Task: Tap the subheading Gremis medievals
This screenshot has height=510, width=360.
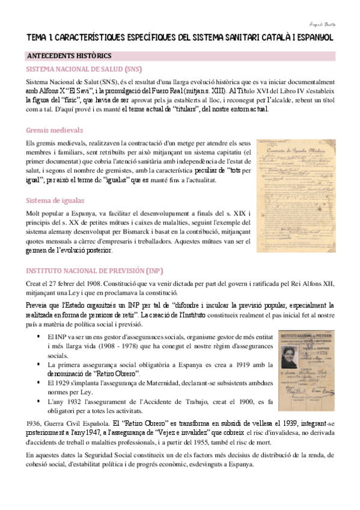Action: (54, 130)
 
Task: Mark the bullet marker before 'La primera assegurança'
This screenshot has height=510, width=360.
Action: (38, 364)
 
